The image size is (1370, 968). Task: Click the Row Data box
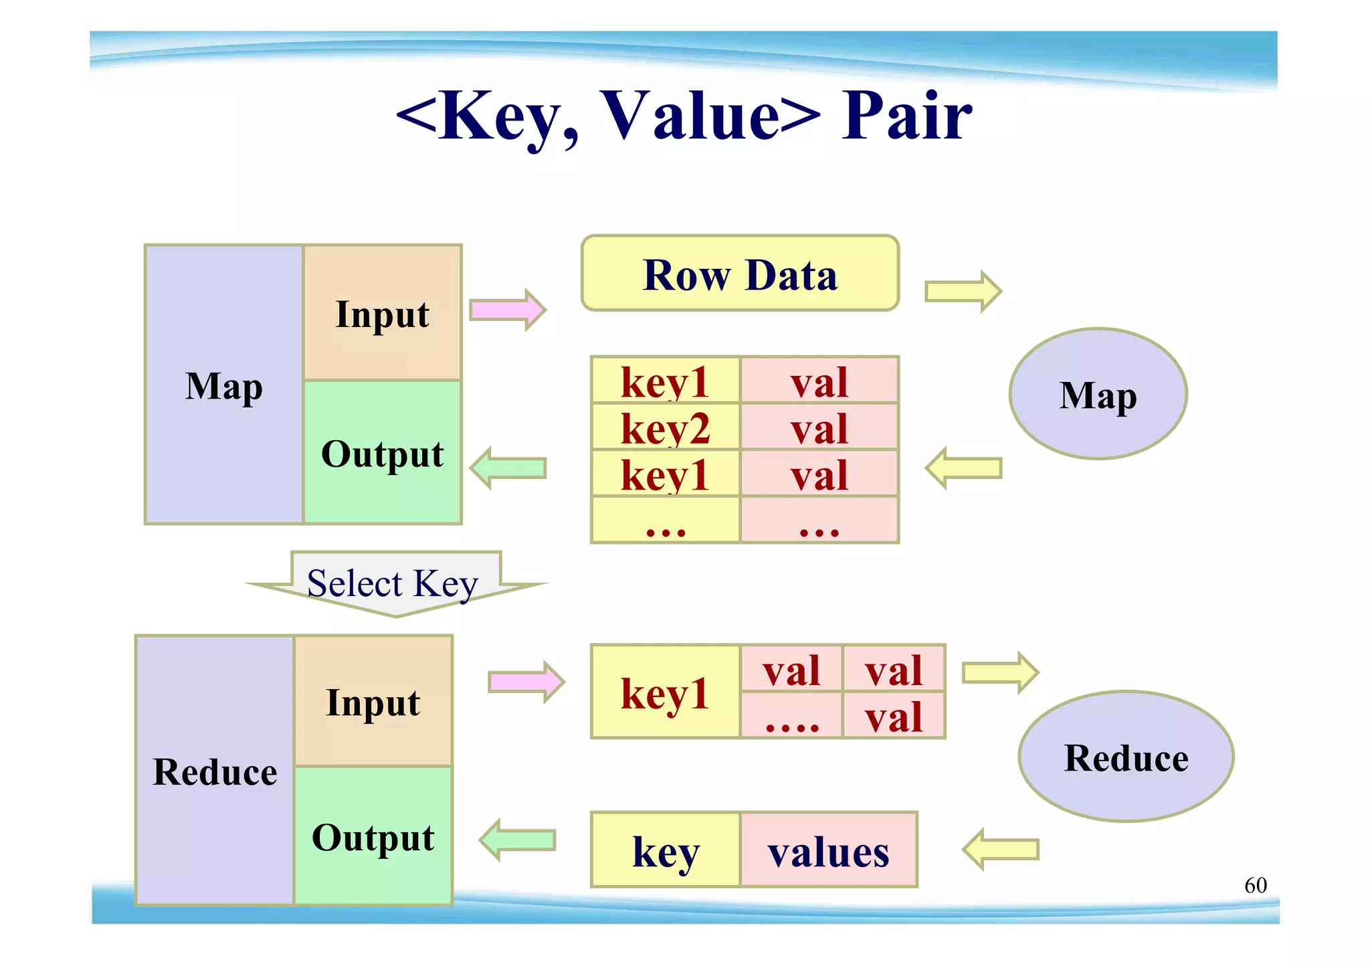(x=740, y=274)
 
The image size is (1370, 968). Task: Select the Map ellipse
(x=1098, y=394)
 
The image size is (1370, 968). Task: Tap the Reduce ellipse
(x=1126, y=757)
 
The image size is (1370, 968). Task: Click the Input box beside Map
(x=382, y=313)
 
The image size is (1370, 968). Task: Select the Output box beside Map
(x=382, y=453)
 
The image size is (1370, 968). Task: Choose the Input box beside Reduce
(x=373, y=702)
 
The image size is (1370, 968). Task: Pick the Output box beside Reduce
(x=373, y=836)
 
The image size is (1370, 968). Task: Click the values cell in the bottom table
(x=828, y=850)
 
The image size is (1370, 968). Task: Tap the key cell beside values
(x=665, y=850)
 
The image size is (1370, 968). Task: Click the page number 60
(x=1255, y=885)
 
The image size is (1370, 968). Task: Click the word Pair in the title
(x=906, y=116)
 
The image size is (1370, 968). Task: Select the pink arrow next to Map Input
(x=508, y=310)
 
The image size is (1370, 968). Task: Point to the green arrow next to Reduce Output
(x=517, y=840)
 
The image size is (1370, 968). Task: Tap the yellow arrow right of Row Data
(x=963, y=292)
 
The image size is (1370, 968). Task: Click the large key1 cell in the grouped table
(x=665, y=692)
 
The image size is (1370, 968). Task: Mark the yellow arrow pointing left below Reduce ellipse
(x=1000, y=850)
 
